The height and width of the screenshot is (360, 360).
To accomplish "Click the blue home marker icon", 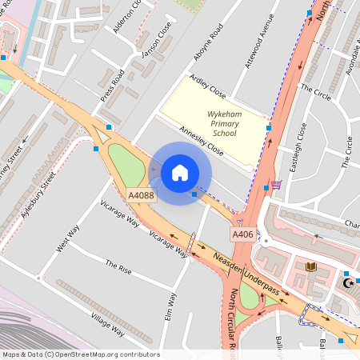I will click(x=180, y=172).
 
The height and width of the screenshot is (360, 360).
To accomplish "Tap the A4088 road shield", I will click(x=140, y=194).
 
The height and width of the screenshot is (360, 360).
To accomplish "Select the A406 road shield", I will click(x=243, y=234).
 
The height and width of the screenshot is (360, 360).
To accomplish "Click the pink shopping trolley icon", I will click(x=276, y=185).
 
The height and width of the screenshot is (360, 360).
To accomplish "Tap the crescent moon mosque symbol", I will click(x=348, y=282).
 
